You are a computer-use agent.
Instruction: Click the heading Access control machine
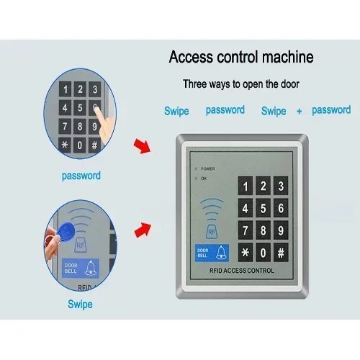pos(241,57)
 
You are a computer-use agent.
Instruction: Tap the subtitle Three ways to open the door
pos(241,84)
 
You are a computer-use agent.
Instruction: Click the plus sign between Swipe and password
pos(299,111)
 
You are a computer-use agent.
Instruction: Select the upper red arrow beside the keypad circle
pos(142,145)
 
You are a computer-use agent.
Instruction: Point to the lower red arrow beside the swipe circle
pos(143,230)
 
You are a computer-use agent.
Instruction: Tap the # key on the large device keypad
pos(281,253)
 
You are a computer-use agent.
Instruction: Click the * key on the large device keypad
pos(246,253)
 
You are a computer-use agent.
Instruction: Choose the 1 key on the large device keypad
pos(246,186)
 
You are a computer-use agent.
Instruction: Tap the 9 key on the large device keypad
pos(281,230)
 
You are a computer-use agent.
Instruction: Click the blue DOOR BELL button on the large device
pos(212,253)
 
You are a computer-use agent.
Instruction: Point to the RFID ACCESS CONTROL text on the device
pos(242,271)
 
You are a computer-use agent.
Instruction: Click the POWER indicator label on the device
pos(208,169)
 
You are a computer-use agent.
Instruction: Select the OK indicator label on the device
pos(204,179)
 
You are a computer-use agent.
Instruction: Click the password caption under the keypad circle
pos(81,176)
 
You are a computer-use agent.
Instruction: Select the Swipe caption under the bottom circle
pos(80,305)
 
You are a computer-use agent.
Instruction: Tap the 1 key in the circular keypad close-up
pos(66,89)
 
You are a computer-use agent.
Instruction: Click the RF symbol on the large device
pos(212,232)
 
